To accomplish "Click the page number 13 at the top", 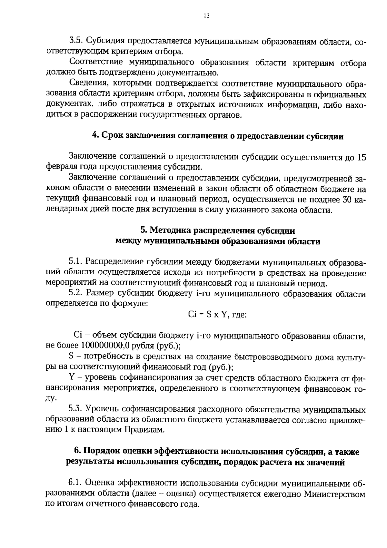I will [207, 16].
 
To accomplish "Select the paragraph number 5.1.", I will [76, 262].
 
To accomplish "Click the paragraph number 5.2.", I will [76, 294].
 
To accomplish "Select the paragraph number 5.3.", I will [76, 409].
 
